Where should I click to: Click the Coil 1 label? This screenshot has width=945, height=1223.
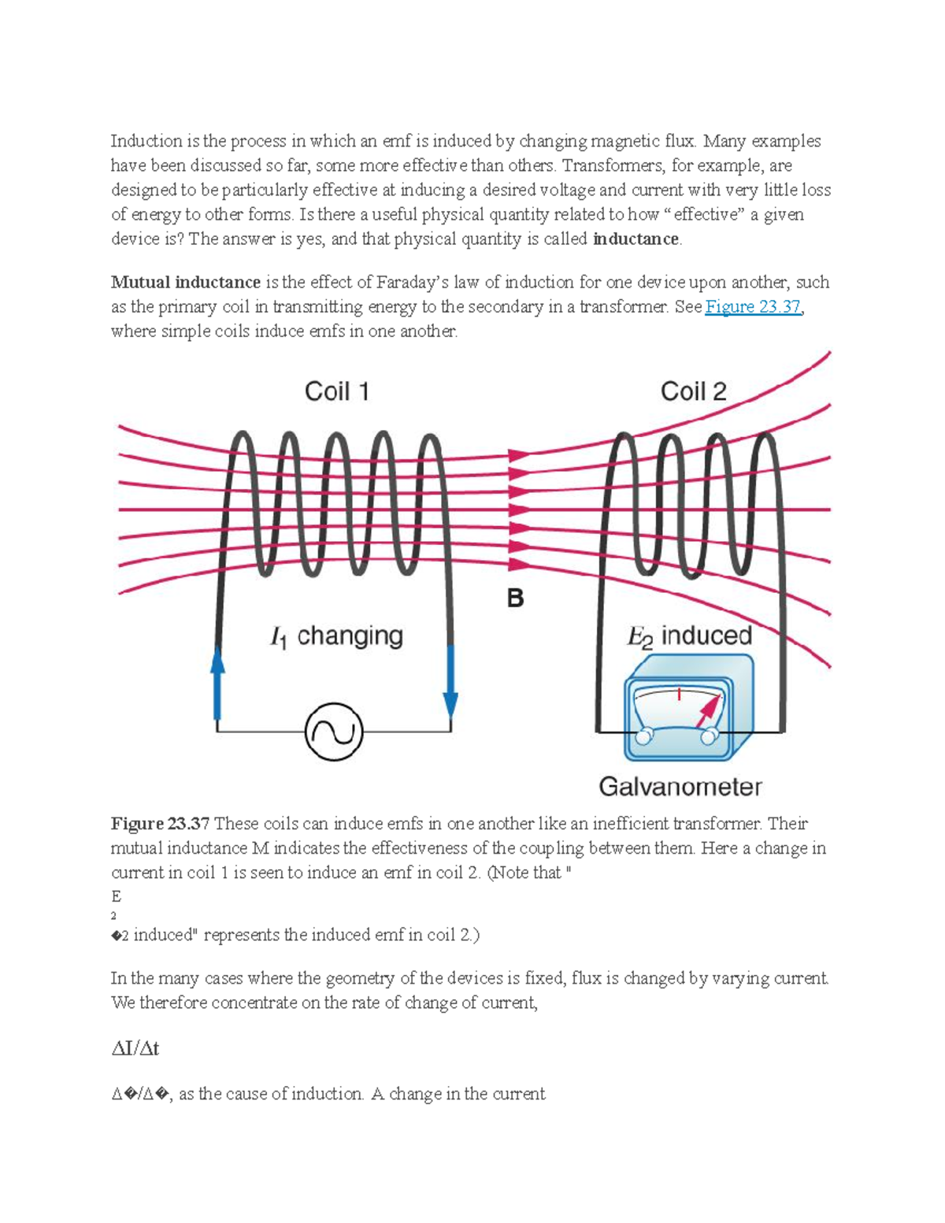pyautogui.click(x=336, y=391)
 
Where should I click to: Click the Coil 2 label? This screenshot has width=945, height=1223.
pyautogui.click(x=693, y=391)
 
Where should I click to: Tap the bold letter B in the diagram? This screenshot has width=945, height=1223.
pyautogui.click(x=515, y=599)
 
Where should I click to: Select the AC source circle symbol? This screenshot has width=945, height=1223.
pyautogui.click(x=334, y=732)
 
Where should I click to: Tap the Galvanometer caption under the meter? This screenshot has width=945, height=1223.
pyautogui.click(x=680, y=787)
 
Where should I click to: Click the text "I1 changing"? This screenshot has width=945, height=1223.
pyautogui.click(x=336, y=636)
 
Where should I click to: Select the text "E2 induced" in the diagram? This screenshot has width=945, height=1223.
pyautogui.click(x=689, y=636)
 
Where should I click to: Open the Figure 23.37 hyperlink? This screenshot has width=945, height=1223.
pyautogui.click(x=753, y=307)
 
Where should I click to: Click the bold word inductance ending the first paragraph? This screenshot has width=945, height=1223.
pyautogui.click(x=636, y=239)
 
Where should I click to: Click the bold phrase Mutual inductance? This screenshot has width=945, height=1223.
pyautogui.click(x=186, y=283)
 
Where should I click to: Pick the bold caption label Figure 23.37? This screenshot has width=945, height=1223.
pyautogui.click(x=160, y=824)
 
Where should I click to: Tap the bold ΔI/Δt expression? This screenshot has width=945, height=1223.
pyautogui.click(x=135, y=1049)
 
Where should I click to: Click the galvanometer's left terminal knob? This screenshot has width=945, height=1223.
pyautogui.click(x=644, y=736)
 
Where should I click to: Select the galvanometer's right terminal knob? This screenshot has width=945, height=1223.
pyautogui.click(x=709, y=736)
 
